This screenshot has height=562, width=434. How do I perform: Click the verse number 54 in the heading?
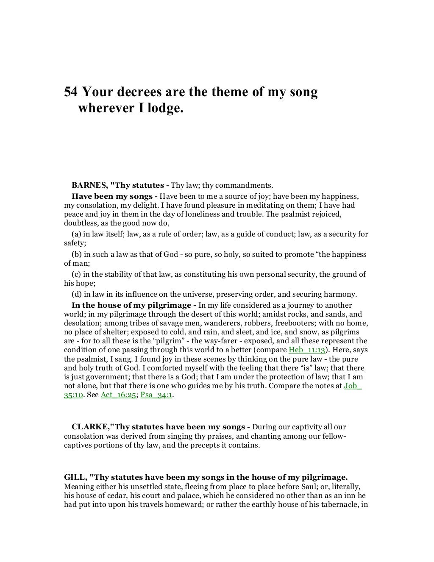coord(71,92)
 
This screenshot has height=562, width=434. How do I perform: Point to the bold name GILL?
coord(73,476)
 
